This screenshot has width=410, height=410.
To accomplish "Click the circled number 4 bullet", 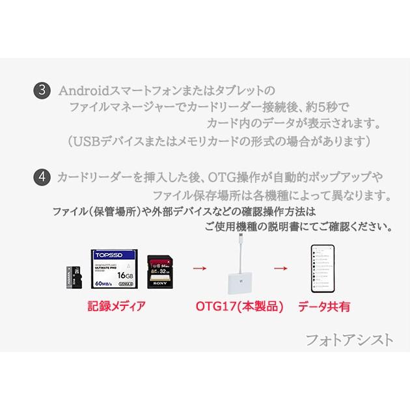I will point(41,176).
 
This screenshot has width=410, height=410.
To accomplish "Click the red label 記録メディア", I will point(116,305).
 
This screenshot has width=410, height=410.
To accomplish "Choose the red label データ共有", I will point(323,305).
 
